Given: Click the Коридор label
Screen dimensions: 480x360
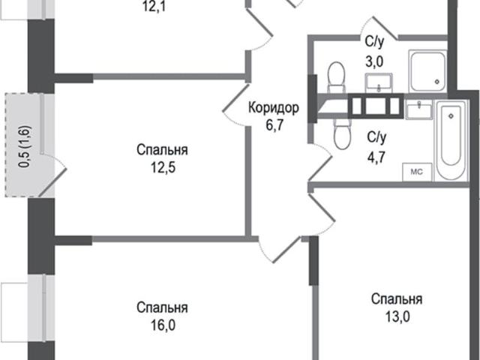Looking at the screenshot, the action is [273, 108].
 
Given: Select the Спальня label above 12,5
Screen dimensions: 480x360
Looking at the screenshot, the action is [162, 150].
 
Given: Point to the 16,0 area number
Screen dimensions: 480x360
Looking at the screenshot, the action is [163, 325].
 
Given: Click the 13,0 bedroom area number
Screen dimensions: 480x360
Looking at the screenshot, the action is [397, 316].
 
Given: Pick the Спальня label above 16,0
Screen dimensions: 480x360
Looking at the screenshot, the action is [162, 307].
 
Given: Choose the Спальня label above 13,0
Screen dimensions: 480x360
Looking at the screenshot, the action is [397, 298].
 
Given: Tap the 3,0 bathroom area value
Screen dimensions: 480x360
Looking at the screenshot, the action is [374, 61].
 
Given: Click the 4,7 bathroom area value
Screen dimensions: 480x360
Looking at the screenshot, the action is [376, 157].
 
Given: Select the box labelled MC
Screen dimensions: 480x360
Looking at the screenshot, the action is [417, 172].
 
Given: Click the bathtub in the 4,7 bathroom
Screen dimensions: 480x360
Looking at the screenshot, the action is [451, 140].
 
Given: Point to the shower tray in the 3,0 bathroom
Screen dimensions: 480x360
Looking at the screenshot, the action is [427, 71].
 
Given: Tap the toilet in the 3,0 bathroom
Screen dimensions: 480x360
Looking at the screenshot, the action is [337, 77].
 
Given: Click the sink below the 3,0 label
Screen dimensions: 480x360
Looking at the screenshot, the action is [379, 82].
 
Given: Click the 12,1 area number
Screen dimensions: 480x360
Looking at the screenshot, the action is [154, 7].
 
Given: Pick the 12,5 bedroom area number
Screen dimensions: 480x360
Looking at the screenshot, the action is [163, 167].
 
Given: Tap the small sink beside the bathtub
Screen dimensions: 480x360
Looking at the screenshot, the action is [418, 109].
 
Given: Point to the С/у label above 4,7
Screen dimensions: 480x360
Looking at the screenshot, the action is [376, 138].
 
